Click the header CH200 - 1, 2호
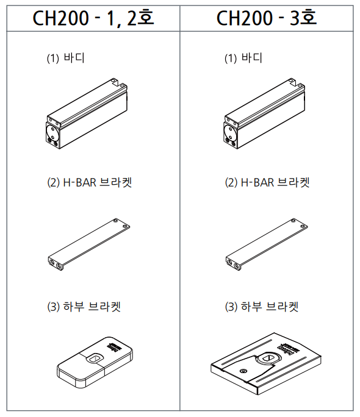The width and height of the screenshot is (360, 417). point(93,18)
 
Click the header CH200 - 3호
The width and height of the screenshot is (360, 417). point(267,18)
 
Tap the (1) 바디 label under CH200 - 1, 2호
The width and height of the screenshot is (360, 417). point(66,58)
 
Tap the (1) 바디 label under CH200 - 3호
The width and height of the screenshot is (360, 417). point(243,58)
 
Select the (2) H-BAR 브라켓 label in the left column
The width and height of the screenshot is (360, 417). point(90,182)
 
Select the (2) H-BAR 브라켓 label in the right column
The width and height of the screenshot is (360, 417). point(267,182)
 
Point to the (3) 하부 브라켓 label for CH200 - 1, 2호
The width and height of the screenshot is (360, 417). point(84,307)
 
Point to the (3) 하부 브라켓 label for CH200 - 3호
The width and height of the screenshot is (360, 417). point(262,307)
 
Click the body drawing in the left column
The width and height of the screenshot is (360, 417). point(87,113)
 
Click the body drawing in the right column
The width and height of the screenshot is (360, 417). point(264,113)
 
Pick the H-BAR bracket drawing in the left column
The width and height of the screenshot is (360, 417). point(89,244)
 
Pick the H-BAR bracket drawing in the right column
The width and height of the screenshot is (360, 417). point(267,244)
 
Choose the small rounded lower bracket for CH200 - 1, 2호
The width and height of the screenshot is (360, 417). point(95,362)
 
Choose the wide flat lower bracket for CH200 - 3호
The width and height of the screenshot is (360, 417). point(266,363)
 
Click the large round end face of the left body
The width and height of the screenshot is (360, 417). point(52,132)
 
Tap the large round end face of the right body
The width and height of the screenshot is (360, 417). point(229,132)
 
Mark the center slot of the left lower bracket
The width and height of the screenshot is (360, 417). point(95,358)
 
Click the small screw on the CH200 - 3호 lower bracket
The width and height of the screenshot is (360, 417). point(242,371)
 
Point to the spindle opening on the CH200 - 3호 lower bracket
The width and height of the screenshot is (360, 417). point(268,358)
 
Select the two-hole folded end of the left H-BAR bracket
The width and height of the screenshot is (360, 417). point(56,263)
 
